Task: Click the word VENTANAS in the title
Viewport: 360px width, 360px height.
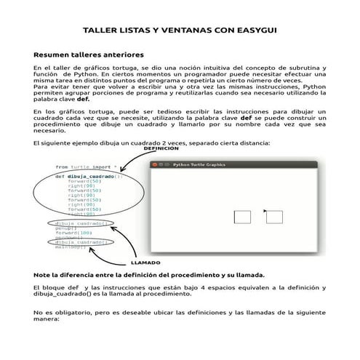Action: [180, 31]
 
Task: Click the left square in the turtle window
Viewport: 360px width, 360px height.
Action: [242, 216]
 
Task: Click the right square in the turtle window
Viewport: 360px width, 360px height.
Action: [274, 216]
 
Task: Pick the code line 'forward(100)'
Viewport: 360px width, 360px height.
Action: [72, 233]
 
